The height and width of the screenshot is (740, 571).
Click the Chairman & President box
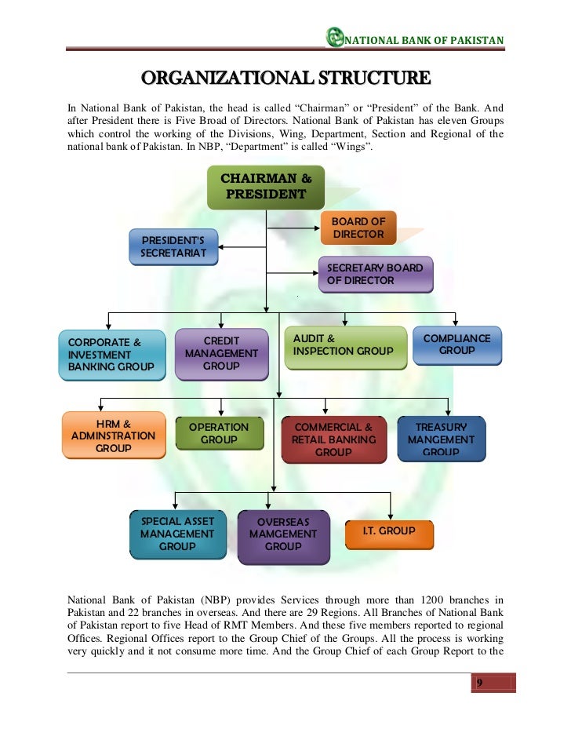(265, 187)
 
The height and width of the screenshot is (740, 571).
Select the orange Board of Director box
(358, 228)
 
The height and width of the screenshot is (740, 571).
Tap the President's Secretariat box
(173, 246)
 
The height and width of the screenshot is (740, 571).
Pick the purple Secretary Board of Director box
(375, 274)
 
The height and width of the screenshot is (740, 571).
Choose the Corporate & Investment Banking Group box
(111, 355)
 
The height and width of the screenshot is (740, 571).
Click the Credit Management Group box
(221, 354)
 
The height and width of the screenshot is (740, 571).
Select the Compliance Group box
(456, 344)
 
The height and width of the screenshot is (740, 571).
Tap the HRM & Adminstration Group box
(114, 436)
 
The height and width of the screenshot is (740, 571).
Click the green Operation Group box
(219, 434)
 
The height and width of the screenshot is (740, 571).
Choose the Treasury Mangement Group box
(441, 439)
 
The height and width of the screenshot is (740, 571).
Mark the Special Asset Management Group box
(177, 534)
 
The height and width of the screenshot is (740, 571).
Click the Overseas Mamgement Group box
(283, 535)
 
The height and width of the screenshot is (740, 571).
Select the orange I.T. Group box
(387, 532)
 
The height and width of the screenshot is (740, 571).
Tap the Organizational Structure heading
(285, 78)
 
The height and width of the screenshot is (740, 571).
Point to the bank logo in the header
(335, 37)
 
